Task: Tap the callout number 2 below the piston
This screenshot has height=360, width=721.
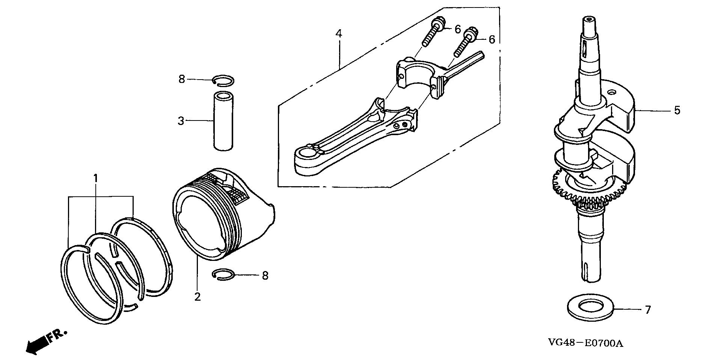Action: coord(198,297)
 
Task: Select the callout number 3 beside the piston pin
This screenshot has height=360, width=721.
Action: coord(181,121)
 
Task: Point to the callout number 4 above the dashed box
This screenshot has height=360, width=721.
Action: coord(339,34)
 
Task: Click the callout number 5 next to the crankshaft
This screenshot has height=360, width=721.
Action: coord(677,110)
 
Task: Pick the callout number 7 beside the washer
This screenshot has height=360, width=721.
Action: coord(647,310)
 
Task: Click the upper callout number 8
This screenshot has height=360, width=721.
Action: coord(182,79)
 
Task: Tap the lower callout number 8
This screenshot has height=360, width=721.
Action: coord(265,276)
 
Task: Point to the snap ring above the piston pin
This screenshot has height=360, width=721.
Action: coord(223,80)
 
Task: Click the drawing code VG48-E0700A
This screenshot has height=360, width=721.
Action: coord(586,343)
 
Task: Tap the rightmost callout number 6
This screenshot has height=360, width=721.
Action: coord(492,39)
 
